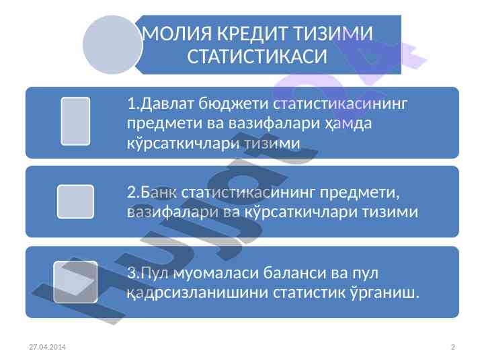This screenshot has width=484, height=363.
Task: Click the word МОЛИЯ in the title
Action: click(x=177, y=34)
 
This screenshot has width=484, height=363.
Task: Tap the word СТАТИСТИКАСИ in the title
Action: click(x=257, y=56)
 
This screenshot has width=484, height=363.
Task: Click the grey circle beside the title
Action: click(x=112, y=45)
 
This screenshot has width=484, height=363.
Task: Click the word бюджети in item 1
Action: click(x=233, y=104)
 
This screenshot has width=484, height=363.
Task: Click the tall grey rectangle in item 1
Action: click(x=75, y=121)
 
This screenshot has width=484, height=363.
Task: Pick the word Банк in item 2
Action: click(x=159, y=192)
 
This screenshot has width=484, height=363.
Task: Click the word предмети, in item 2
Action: click(x=360, y=193)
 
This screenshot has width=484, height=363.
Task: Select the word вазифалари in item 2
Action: click(x=173, y=212)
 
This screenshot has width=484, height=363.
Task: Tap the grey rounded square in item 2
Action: click(x=75, y=202)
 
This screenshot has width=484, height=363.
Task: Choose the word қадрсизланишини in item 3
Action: click(x=197, y=292)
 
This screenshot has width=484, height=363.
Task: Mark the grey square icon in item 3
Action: click(x=75, y=282)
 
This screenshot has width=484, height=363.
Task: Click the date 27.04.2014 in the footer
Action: click(x=47, y=347)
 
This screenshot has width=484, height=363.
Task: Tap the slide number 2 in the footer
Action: click(x=453, y=347)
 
